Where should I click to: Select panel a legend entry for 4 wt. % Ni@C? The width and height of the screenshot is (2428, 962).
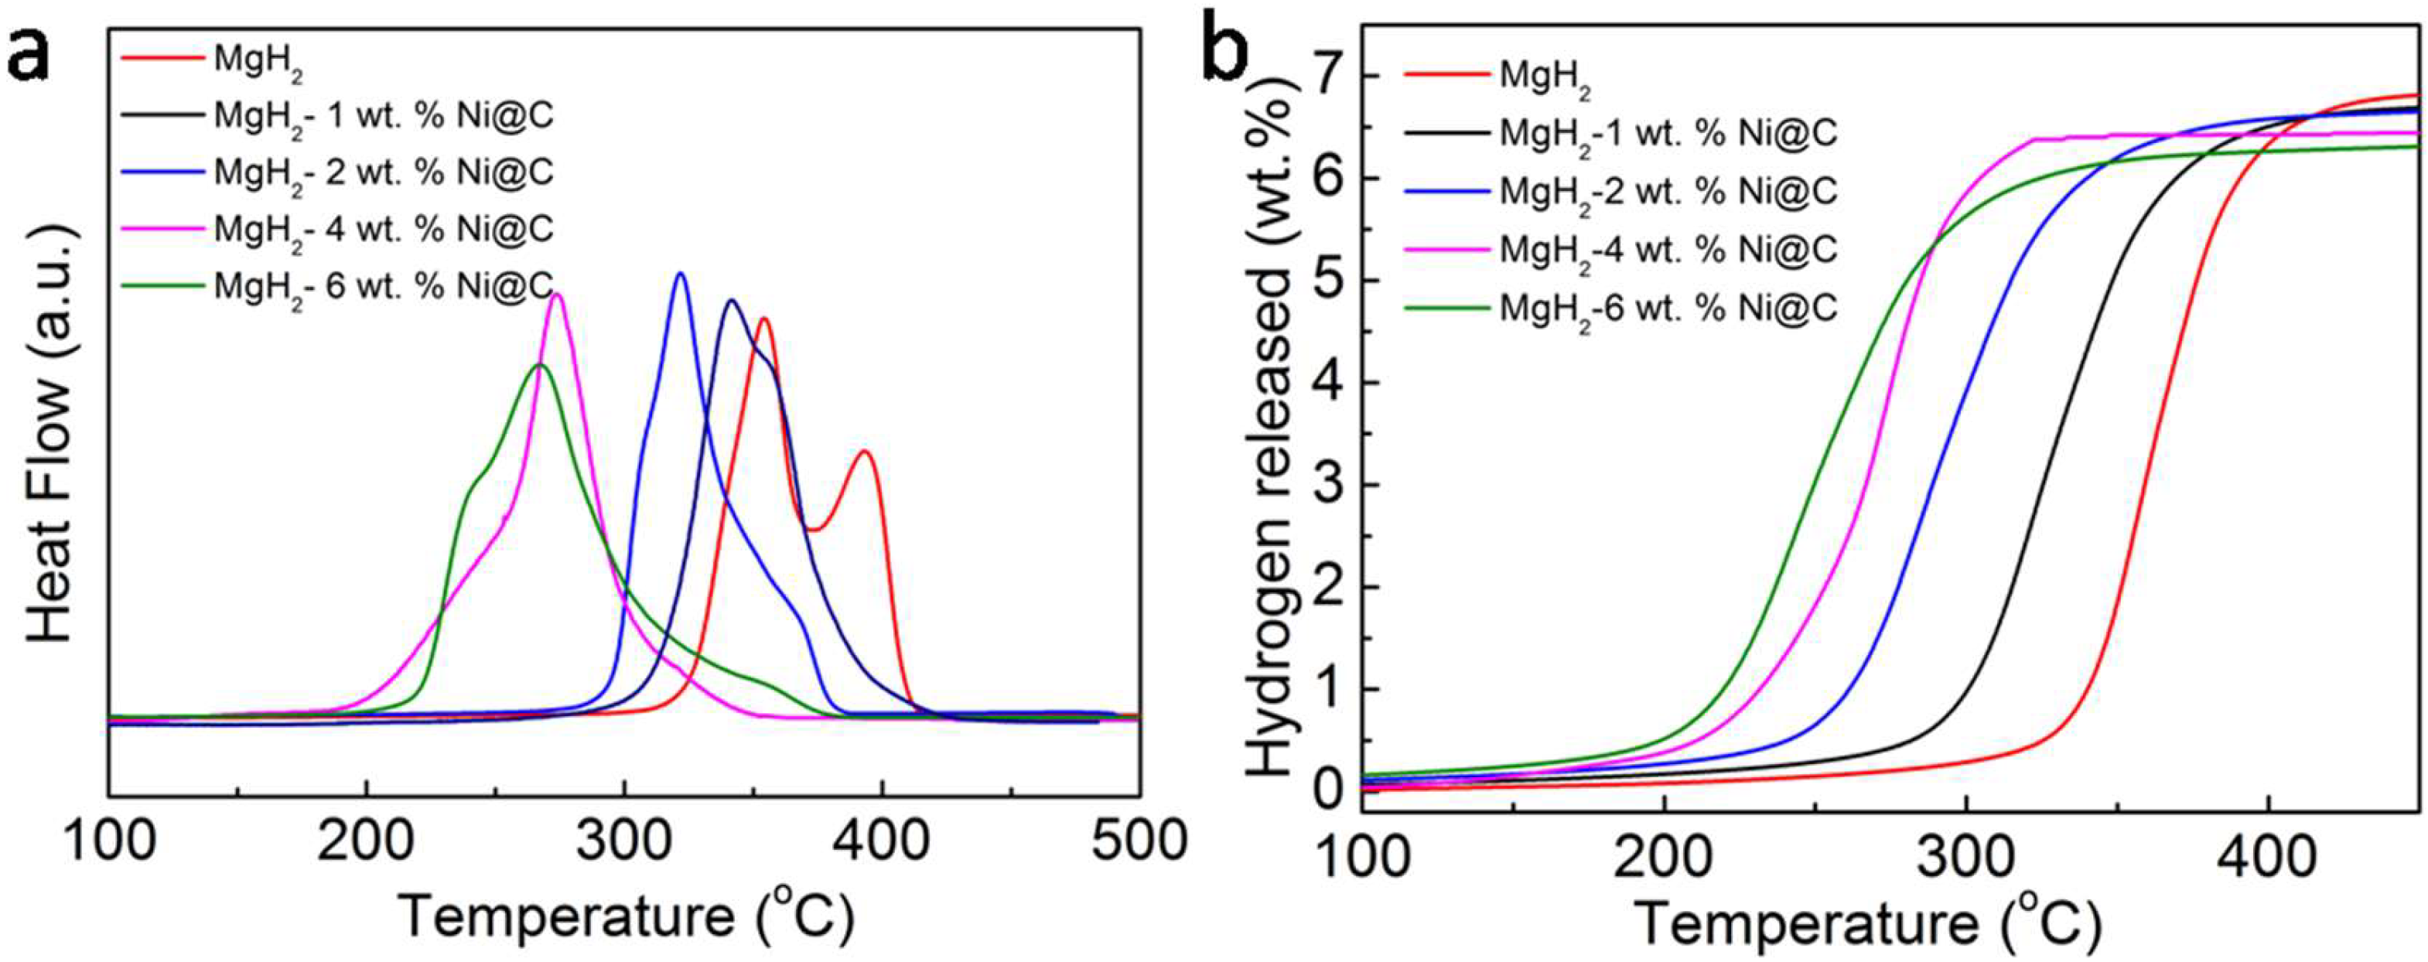tap(382, 229)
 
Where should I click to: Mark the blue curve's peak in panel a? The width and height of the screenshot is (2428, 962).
tap(681, 275)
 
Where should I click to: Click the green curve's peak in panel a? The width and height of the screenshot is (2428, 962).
tap(539, 365)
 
